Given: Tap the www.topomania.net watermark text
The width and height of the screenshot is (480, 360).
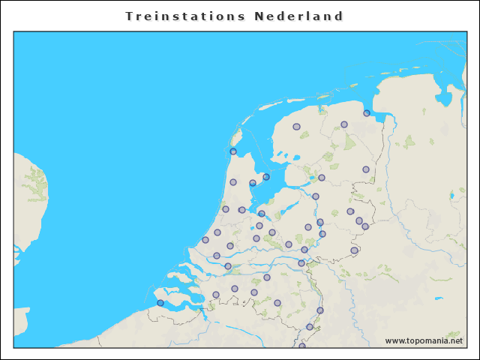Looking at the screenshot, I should click(x=424, y=340).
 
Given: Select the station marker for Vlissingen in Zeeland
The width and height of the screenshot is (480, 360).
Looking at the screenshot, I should click(x=160, y=303).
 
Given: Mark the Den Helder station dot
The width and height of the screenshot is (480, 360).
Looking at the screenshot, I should click(x=233, y=151).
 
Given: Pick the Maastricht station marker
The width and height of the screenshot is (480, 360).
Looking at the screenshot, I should click(x=302, y=346).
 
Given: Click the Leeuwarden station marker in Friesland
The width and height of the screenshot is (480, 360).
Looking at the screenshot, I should click(x=296, y=127).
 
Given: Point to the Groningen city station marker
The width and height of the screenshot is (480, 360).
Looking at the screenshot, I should click(x=344, y=124).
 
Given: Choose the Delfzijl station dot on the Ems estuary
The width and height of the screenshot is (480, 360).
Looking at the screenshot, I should click(x=367, y=113).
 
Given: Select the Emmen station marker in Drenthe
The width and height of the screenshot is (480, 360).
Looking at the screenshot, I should click(x=366, y=169).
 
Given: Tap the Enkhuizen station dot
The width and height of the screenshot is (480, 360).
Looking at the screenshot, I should click(x=266, y=177).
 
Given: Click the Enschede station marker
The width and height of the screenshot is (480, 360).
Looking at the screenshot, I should click(x=365, y=226).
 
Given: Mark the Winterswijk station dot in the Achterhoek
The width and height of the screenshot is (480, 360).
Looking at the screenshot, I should click(x=354, y=250).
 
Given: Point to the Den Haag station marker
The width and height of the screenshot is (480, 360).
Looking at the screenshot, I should click(x=205, y=240).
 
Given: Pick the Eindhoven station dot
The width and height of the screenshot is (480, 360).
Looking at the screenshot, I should click(x=277, y=303).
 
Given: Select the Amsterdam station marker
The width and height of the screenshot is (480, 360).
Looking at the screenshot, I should click(x=242, y=210).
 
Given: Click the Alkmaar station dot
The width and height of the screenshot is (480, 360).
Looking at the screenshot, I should click(x=233, y=182).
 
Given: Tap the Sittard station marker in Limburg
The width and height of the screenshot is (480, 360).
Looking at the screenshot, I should click(x=310, y=327).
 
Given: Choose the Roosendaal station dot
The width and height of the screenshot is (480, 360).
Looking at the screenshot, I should click(x=216, y=295).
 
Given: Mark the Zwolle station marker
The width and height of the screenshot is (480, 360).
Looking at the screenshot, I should click(x=316, y=196).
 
